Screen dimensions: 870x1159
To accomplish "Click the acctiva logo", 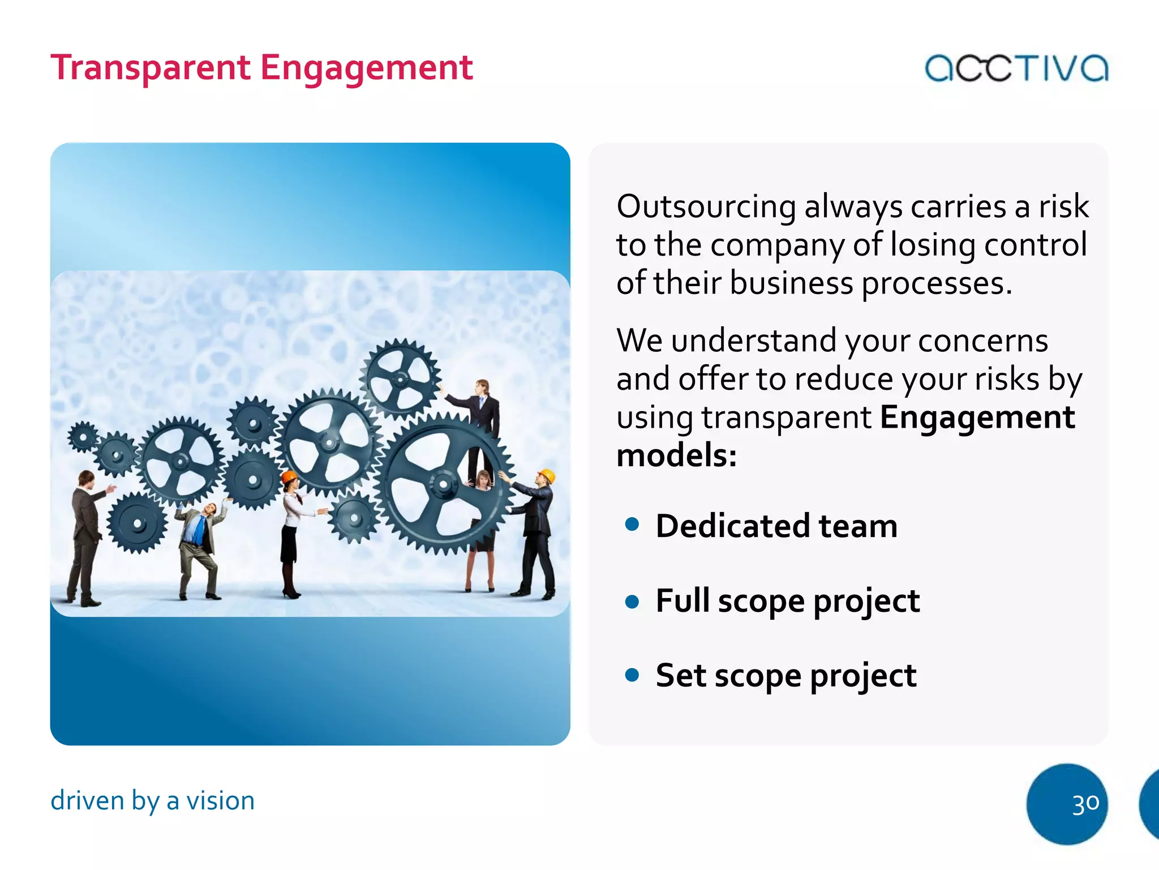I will [1016, 68].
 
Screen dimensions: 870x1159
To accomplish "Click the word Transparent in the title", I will [150, 68].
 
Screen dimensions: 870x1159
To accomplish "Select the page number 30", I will [1085, 804].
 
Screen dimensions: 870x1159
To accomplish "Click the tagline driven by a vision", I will [152, 801].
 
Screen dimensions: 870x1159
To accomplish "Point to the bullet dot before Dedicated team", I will [632, 524].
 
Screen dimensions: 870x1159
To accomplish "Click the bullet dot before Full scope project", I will [632, 600].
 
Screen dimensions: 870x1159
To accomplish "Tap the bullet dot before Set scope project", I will [632, 675].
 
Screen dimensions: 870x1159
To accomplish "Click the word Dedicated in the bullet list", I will [733, 526].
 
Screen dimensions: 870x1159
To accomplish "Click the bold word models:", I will [676, 455].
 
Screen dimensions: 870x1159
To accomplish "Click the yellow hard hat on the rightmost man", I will [546, 475].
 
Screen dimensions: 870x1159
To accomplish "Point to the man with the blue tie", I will [199, 544].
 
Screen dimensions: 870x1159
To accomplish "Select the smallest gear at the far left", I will [83, 437].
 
